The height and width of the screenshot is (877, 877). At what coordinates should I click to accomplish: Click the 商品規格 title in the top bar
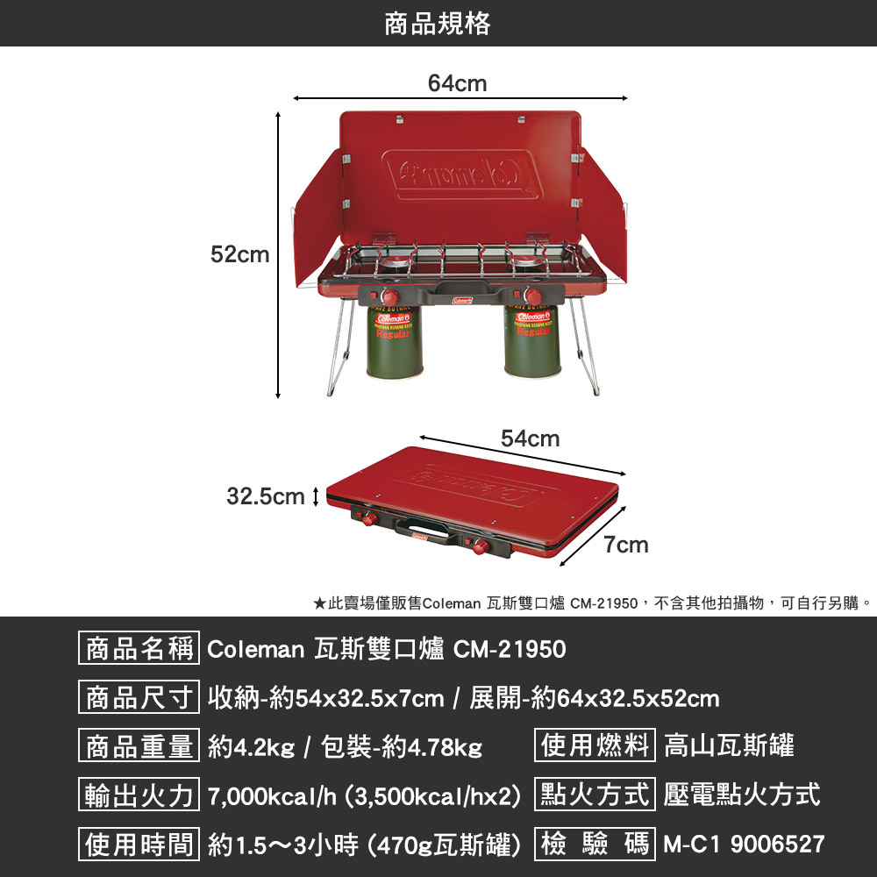(x=438, y=24)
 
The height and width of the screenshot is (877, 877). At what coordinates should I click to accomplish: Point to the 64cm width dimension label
(x=457, y=83)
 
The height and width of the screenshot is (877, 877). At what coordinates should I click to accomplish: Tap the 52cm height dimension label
(x=239, y=255)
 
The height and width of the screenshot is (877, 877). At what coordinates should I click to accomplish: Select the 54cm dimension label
(x=530, y=438)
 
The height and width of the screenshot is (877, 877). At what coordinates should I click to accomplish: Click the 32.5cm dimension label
(x=265, y=497)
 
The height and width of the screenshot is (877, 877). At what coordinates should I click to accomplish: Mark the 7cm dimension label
(x=626, y=545)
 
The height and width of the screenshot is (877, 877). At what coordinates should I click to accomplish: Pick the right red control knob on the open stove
(x=533, y=294)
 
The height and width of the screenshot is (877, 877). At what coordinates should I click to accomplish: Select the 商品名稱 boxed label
(x=139, y=650)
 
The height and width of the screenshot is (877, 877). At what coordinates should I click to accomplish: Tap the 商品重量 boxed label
(x=139, y=747)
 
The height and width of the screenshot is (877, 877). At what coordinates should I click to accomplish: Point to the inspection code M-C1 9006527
(x=745, y=844)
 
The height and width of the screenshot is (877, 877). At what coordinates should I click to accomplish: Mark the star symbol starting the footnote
(x=320, y=603)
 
